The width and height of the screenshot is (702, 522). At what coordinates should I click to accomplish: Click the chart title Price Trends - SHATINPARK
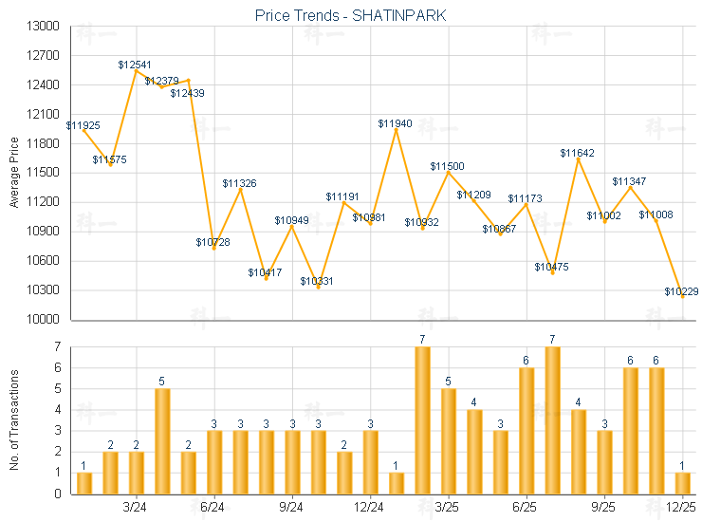coord(350,15)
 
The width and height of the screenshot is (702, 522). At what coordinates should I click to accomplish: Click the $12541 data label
coord(135,65)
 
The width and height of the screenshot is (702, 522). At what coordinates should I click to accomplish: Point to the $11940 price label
coord(396,123)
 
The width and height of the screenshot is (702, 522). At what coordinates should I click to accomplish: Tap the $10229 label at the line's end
coord(682,291)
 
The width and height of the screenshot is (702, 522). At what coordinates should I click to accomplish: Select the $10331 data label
coord(318,281)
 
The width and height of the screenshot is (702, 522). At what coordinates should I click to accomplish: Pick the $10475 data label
coord(551,267)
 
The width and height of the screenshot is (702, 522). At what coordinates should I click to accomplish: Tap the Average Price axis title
coord(13,173)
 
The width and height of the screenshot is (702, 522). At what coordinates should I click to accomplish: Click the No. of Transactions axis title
coord(13,420)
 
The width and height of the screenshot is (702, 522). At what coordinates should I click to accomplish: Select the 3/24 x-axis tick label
coord(136,507)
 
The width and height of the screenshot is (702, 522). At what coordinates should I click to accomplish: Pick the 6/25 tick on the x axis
coord(526,507)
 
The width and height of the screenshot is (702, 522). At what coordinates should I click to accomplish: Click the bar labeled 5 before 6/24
coord(162,441)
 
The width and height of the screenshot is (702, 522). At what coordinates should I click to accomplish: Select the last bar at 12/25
coord(683,483)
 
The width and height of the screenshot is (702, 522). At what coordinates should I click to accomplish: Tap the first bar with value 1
coord(84,483)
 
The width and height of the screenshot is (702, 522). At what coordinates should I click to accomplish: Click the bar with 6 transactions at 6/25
coord(526,431)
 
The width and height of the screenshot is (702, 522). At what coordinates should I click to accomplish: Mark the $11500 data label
coord(448,166)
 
